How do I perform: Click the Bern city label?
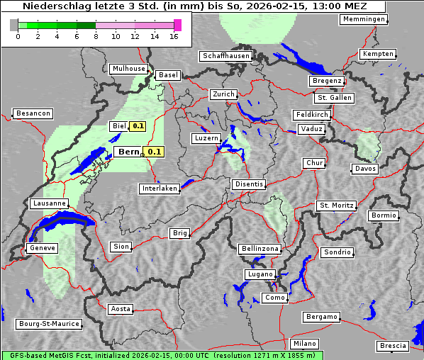click(x=128, y=152)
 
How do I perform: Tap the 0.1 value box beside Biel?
click(x=138, y=126)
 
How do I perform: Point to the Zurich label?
click(x=223, y=94)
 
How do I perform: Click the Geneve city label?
click(x=42, y=248)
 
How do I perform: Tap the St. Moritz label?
click(x=336, y=206)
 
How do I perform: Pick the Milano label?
click(x=305, y=343)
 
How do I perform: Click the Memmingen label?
click(x=364, y=19)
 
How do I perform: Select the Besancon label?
click(x=33, y=113)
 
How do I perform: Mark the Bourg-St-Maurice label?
click(x=49, y=324)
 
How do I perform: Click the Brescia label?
click(x=393, y=346)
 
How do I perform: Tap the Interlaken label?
click(x=160, y=189)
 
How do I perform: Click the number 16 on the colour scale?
click(x=174, y=37)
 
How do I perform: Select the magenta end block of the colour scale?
click(x=178, y=25)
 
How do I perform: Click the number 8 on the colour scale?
click(x=96, y=37)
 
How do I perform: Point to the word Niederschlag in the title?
click(x=52, y=6)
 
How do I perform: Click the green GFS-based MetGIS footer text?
click(x=162, y=355)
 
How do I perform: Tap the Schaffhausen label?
click(x=225, y=55)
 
